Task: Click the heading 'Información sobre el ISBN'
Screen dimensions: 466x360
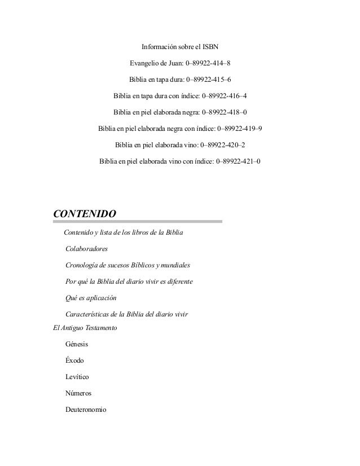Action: click(x=179, y=46)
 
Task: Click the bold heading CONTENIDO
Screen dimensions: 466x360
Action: click(x=84, y=214)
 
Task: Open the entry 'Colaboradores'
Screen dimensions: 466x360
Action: click(x=87, y=248)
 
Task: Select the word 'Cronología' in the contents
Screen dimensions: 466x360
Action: click(x=84, y=265)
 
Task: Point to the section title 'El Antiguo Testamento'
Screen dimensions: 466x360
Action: click(x=85, y=327)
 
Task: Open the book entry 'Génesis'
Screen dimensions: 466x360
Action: click(x=77, y=344)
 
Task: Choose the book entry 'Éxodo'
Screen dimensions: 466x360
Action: click(x=75, y=360)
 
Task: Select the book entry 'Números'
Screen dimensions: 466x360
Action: click(x=78, y=393)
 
